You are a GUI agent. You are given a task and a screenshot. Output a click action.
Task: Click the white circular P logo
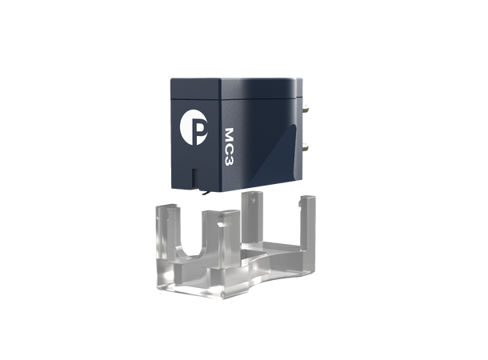[x=194, y=127]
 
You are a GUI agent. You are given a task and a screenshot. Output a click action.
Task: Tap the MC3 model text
[x=229, y=146]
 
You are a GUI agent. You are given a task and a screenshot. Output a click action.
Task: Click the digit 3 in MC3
[x=229, y=161]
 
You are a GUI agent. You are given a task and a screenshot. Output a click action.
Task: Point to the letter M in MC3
[x=229, y=134]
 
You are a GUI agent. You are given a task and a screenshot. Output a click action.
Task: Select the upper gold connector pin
[x=306, y=109]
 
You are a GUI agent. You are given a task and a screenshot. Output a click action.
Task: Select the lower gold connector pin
[x=306, y=146]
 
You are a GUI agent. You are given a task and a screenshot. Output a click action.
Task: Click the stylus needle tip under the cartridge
[x=204, y=194]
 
